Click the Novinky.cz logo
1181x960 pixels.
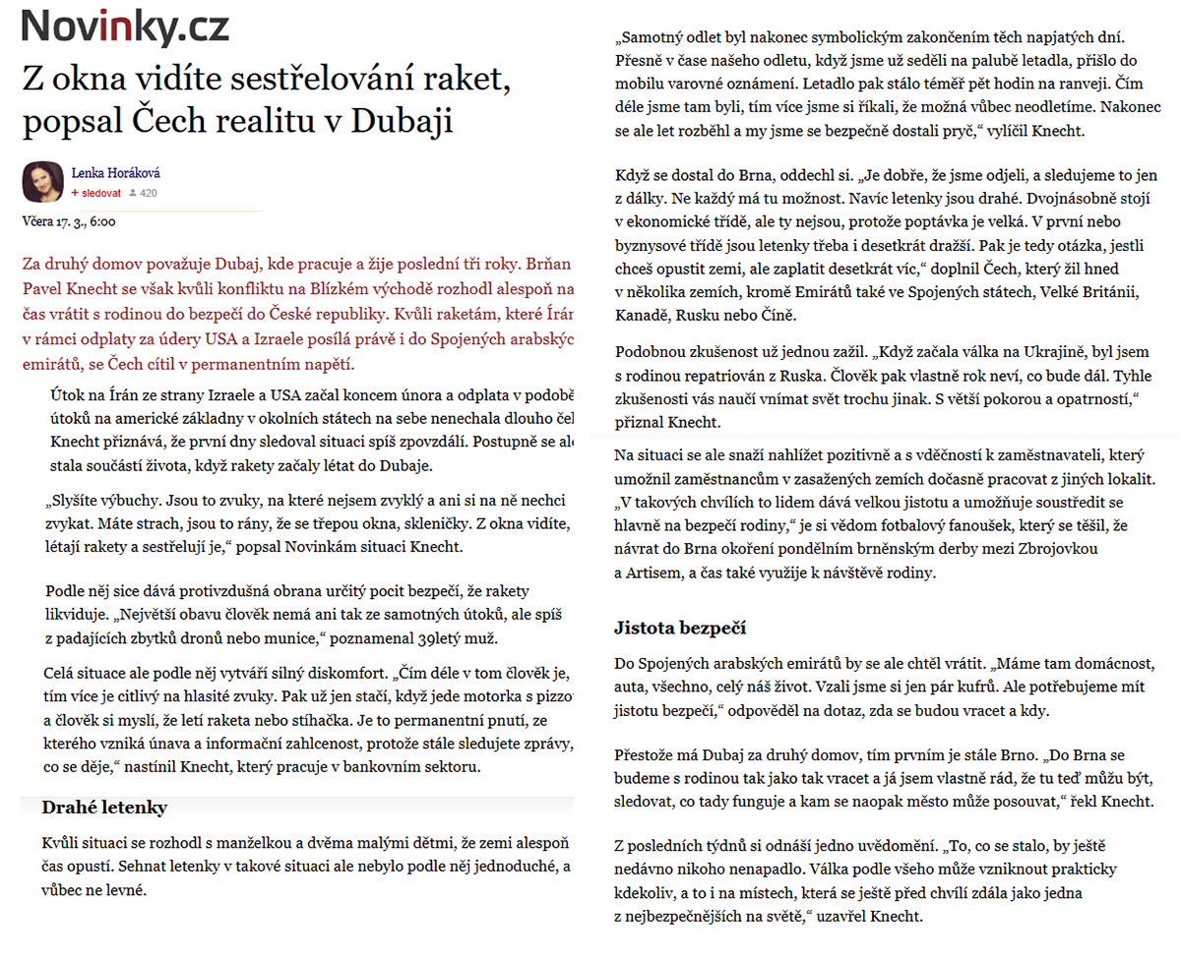[x=126, y=27]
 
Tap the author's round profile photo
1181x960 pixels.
[x=42, y=181]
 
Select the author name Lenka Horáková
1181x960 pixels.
[x=115, y=173]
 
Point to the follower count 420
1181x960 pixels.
[x=149, y=193]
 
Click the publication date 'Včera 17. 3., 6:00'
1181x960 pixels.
[x=69, y=221]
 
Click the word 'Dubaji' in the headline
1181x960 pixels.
[x=406, y=122]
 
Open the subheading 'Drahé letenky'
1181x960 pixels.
[x=104, y=808]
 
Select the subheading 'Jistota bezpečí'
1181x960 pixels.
[x=680, y=627]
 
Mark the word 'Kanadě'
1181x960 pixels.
[x=645, y=316]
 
